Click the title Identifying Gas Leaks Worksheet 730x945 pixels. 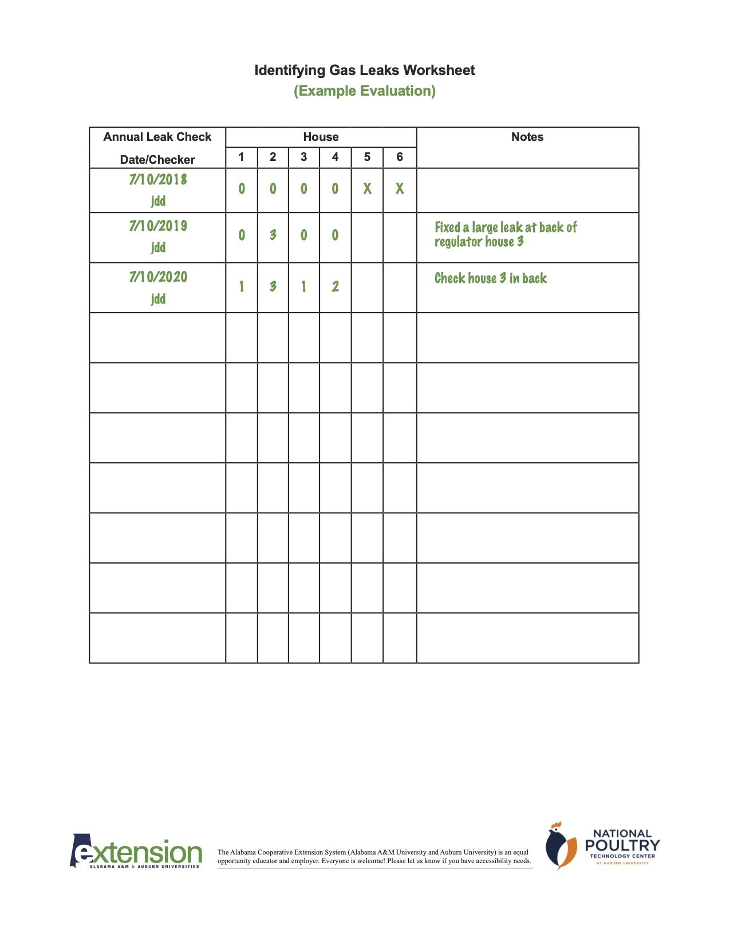tap(365, 70)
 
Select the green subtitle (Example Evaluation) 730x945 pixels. tap(365, 91)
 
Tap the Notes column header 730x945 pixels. tap(527, 137)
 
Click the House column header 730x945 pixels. tap(321, 137)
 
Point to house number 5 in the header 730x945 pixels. tap(367, 157)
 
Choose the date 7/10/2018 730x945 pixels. tap(158, 180)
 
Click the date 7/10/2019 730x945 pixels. tap(158, 226)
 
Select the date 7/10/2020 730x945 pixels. tap(158, 277)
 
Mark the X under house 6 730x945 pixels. tap(400, 188)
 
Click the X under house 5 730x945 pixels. tap(367, 188)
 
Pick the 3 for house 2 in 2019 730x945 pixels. tap(273, 235)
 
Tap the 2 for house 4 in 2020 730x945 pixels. tap(335, 286)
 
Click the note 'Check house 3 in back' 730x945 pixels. tap(491, 278)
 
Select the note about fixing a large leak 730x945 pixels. tap(506, 234)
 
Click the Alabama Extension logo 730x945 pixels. tap(136, 852)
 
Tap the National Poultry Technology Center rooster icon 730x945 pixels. tap(561, 846)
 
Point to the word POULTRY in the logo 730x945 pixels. tap(622, 845)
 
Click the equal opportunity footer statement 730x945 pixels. tap(374, 856)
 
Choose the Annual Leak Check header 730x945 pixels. tap(157, 137)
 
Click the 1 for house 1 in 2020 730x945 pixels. tap(241, 286)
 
